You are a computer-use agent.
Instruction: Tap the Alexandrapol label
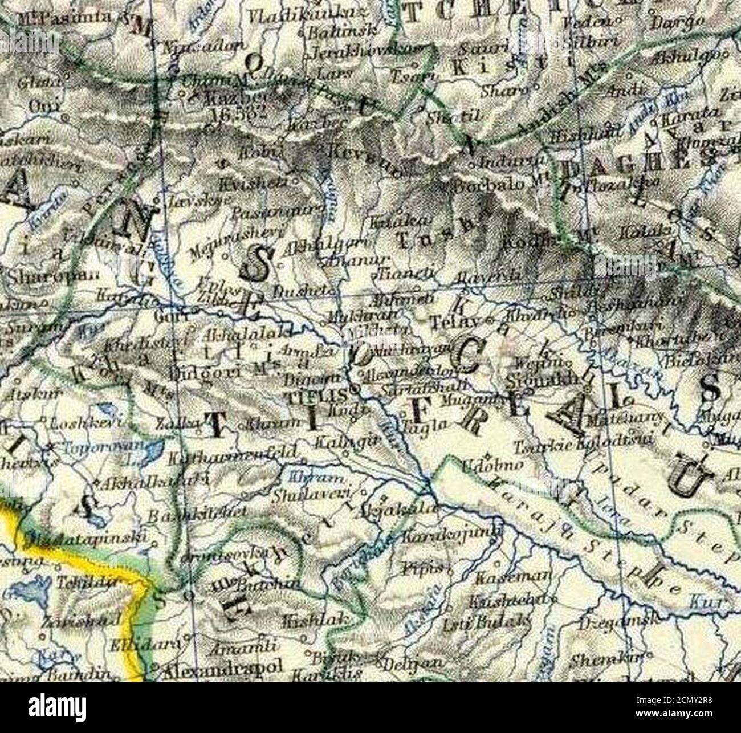click(222, 670)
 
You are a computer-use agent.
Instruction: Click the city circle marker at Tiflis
click(354, 390)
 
